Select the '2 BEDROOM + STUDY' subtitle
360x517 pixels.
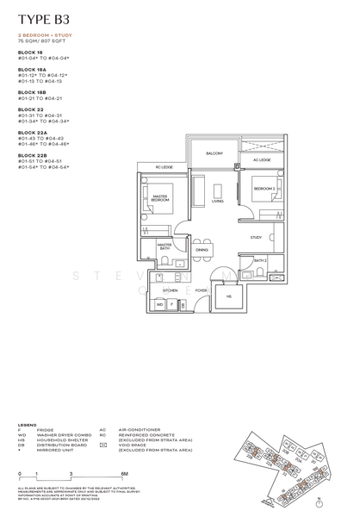(x=41, y=35)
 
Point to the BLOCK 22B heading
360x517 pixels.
(x=29, y=155)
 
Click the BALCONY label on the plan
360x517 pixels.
(x=215, y=153)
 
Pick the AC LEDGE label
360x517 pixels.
(x=261, y=160)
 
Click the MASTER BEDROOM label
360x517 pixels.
(x=160, y=198)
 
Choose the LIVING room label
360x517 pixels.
(x=217, y=202)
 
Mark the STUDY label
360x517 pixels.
(x=256, y=237)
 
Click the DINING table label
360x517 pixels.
(x=202, y=250)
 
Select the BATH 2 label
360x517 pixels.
(x=259, y=259)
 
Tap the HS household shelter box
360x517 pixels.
(x=229, y=297)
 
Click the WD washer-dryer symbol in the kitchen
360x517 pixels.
(x=160, y=304)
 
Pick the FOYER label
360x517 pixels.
(x=201, y=290)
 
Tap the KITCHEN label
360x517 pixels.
(x=171, y=291)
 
